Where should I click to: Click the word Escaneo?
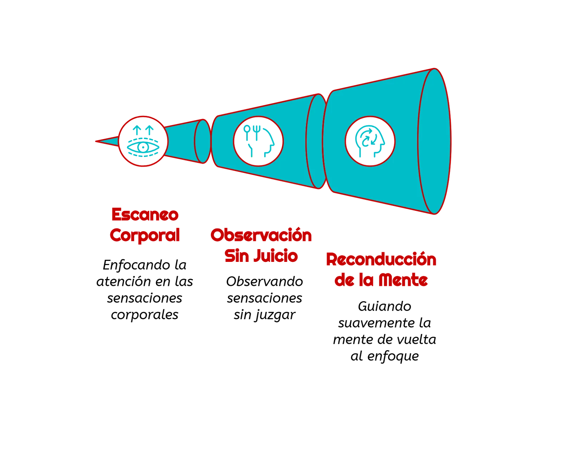(x=145, y=215)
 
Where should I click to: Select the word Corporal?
(x=145, y=235)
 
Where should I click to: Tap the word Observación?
(x=261, y=235)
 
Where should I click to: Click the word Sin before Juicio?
(x=236, y=256)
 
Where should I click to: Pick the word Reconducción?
(x=381, y=260)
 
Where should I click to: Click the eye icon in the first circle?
(x=143, y=147)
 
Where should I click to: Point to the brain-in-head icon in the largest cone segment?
(x=369, y=141)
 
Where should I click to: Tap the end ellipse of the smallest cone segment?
(x=203, y=141)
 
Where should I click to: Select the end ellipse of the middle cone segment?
(x=317, y=141)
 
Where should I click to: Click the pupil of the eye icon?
(x=143, y=147)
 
